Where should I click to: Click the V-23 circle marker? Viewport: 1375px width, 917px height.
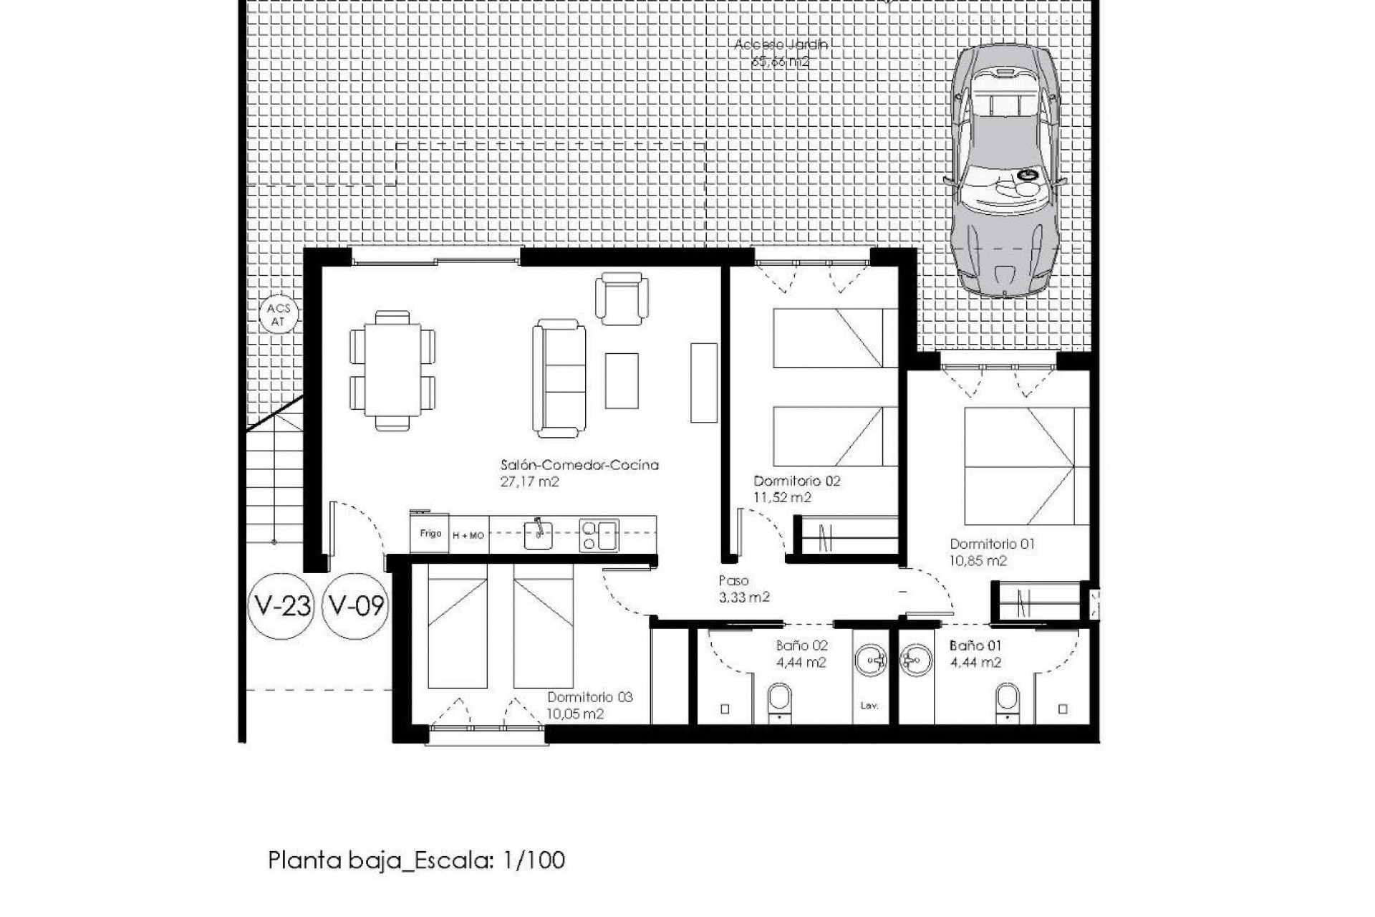pyautogui.click(x=281, y=607)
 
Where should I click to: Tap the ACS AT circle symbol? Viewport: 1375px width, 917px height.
pyautogui.click(x=279, y=315)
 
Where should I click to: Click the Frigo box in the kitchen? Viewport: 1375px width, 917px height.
pyautogui.click(x=430, y=534)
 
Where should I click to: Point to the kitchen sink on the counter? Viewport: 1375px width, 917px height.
pyautogui.click(x=538, y=533)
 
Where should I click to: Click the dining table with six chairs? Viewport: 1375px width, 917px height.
pyautogui.click(x=392, y=370)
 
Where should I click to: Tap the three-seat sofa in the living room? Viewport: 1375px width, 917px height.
pyautogui.click(x=559, y=378)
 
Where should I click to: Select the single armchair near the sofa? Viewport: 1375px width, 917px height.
pyautogui.click(x=622, y=298)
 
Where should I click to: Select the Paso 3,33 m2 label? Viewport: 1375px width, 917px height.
pyautogui.click(x=743, y=588)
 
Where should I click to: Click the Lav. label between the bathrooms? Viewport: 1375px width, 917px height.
pyautogui.click(x=869, y=706)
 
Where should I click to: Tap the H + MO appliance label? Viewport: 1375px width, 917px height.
pyautogui.click(x=468, y=535)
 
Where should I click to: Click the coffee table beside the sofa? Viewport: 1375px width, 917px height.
pyautogui.click(x=621, y=380)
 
